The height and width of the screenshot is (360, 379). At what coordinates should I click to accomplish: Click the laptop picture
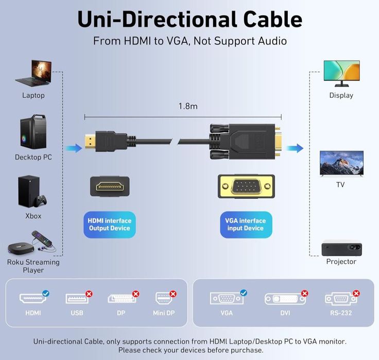click(x=34, y=73)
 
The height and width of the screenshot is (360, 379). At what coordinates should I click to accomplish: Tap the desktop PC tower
click(x=33, y=131)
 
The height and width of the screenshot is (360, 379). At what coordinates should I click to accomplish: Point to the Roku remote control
click(x=42, y=237)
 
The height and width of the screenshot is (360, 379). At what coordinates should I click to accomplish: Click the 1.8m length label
click(x=188, y=106)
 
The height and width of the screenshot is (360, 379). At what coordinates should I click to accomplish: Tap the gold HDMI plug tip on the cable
click(x=90, y=141)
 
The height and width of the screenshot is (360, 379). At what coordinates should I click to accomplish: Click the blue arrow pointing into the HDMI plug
click(x=74, y=148)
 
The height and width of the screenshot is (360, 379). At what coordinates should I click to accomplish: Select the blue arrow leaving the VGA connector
click(x=295, y=148)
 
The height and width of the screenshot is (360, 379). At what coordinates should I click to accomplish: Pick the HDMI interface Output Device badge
click(x=110, y=225)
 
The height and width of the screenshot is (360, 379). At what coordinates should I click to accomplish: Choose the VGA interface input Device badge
click(x=246, y=225)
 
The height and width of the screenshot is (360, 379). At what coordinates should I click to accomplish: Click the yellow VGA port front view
click(x=246, y=186)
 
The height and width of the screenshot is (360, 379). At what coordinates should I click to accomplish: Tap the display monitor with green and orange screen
click(x=341, y=73)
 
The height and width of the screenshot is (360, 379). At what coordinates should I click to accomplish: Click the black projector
click(x=341, y=249)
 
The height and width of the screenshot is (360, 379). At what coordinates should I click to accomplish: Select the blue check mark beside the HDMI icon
click(x=46, y=293)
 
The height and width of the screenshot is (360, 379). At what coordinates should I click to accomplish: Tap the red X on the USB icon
click(x=89, y=294)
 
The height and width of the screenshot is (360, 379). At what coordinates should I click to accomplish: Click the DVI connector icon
click(x=285, y=299)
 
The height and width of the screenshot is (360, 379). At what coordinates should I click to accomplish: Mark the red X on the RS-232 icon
click(x=356, y=293)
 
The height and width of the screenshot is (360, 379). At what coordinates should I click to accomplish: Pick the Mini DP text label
click(x=164, y=313)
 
